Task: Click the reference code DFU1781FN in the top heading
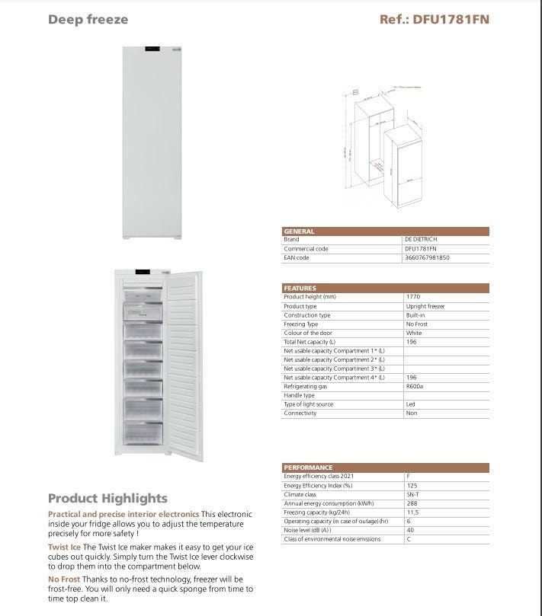435,19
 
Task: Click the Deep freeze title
88,19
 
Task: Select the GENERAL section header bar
385,231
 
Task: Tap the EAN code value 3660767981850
427,258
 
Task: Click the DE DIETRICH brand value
422,239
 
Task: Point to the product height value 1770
413,297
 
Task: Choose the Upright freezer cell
425,306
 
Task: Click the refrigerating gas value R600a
415,386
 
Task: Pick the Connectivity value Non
412,413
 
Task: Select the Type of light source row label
309,404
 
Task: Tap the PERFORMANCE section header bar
385,467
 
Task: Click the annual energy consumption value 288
412,503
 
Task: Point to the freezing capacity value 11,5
413,512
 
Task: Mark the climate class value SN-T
414,494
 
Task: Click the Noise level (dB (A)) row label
307,530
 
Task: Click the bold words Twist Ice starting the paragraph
64,547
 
